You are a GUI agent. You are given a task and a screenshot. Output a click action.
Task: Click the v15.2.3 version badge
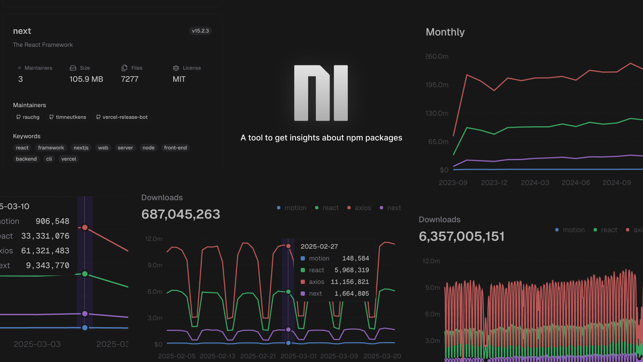[200, 31]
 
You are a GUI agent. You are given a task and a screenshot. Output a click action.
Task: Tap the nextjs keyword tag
[81, 148]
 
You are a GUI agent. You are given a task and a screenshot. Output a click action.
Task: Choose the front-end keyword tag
[175, 148]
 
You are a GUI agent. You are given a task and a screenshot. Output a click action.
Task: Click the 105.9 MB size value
[86, 79]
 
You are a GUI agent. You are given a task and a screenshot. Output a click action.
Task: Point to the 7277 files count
[130, 79]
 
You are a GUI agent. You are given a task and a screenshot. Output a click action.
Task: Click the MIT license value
[179, 79]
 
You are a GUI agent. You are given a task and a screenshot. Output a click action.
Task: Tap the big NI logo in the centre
[321, 93]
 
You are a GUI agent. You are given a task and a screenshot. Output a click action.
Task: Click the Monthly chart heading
[445, 32]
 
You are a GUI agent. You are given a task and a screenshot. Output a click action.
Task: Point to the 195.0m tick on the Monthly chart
[437, 85]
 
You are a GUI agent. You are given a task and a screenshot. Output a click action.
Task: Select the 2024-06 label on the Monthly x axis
[576, 183]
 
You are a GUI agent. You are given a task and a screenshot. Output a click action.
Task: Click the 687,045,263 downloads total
[181, 214]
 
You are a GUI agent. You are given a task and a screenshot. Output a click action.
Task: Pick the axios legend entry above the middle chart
[359, 208]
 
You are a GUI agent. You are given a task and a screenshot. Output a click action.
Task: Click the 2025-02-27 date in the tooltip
[319, 246]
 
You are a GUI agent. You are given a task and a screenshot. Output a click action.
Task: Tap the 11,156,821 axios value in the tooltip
[350, 282]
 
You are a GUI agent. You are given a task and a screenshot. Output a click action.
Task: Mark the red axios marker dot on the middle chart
[288, 246]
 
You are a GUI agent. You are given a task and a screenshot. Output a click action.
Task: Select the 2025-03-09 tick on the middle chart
[339, 356]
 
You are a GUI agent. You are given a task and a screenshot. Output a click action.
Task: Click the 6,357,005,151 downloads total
[461, 236]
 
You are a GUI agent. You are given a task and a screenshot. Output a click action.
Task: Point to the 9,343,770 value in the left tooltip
[48, 265]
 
